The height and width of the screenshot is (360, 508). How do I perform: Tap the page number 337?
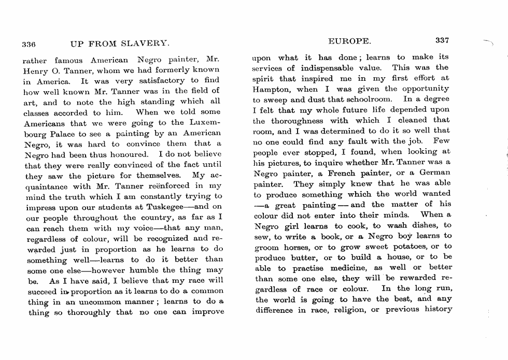(x=443, y=41)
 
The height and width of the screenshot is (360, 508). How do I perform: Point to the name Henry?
(x=35, y=69)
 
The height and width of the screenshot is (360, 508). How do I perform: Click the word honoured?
(x=125, y=154)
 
